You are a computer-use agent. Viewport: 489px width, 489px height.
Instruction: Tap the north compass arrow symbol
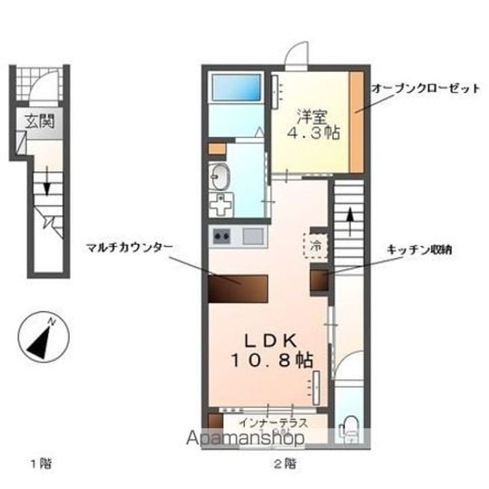[x=43, y=340]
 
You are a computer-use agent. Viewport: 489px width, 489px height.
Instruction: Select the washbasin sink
[x=220, y=178]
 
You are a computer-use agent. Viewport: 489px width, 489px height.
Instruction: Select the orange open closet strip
[x=357, y=121]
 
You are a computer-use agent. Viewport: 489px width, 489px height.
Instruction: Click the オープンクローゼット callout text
[x=425, y=88]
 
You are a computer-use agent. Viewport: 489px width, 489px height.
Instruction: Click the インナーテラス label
[x=274, y=422]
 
